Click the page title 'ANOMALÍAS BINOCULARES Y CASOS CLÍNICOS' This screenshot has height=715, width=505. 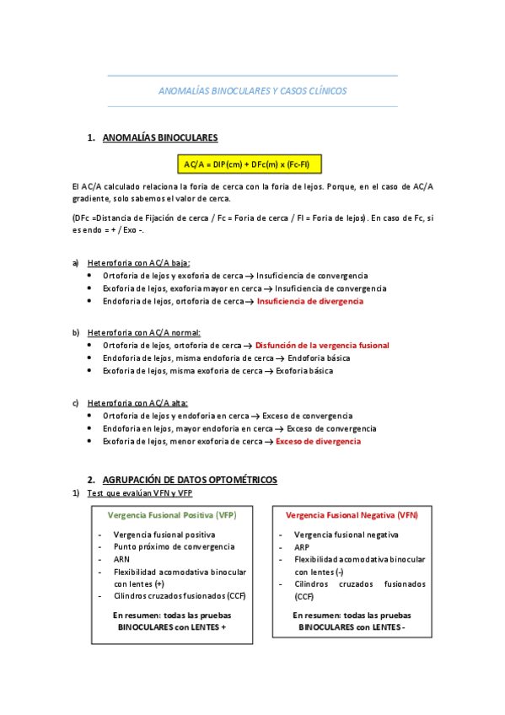pyautogui.click(x=252, y=91)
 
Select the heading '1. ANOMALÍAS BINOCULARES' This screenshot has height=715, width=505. pyautogui.click(x=159, y=137)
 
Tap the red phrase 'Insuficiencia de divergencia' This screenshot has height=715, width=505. pyautogui.click(x=310, y=301)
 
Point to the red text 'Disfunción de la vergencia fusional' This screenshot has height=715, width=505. pyautogui.click(x=322, y=346)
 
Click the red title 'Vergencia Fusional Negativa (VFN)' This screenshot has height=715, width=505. pyautogui.click(x=352, y=514)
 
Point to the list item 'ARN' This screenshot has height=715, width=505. pyautogui.click(x=121, y=559)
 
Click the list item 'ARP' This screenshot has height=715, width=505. pyautogui.click(x=302, y=546)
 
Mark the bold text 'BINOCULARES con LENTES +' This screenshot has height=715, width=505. pyautogui.click(x=172, y=627)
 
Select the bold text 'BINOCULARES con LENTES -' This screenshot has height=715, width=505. pyautogui.click(x=352, y=628)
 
